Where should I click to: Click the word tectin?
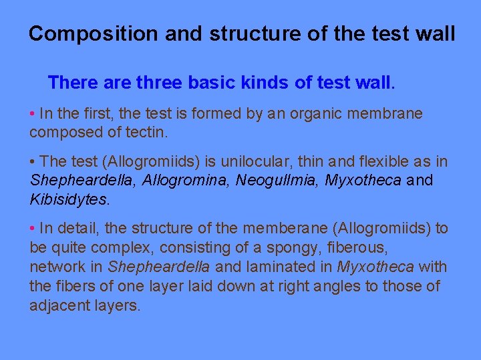(x=144, y=132)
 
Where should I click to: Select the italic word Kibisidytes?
(x=69, y=199)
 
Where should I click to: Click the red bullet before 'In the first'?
(x=33, y=114)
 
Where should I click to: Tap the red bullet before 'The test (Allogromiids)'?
(x=33, y=162)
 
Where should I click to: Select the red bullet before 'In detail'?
(x=33, y=229)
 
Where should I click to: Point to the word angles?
(x=327, y=287)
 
